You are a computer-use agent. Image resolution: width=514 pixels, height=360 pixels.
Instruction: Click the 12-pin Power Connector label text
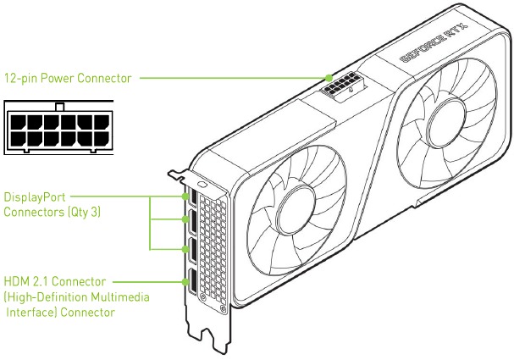coord(68,78)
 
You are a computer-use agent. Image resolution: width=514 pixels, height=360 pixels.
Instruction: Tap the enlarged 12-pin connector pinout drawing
coord(58,130)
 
